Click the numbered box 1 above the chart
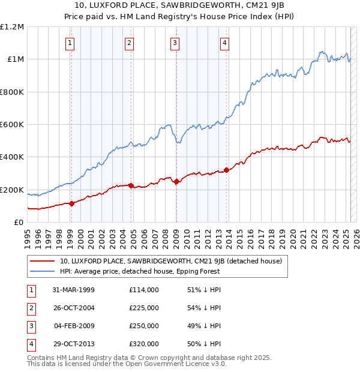point(70,43)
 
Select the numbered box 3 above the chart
point(175,43)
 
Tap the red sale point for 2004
point(131,185)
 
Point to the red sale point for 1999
point(71,203)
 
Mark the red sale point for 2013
point(226,170)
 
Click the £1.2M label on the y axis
point(12,27)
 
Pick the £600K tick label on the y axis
point(12,125)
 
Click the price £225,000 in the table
point(144,308)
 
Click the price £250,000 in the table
point(144,326)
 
